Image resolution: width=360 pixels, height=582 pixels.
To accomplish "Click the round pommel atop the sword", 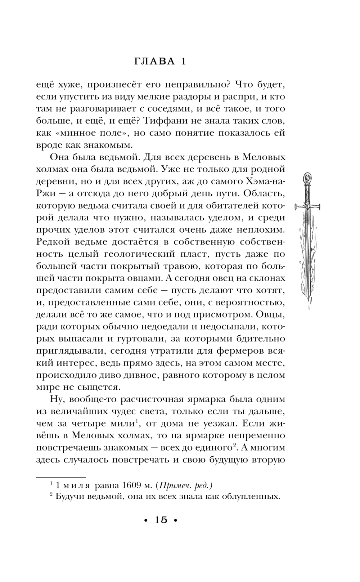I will [x=307, y=178].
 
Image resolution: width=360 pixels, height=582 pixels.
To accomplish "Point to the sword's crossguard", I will [x=307, y=206].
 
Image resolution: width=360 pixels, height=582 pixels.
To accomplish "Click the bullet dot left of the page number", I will [x=145, y=520].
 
